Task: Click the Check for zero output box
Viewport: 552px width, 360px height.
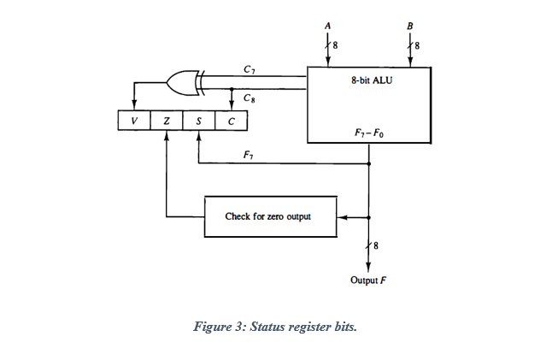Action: (x=267, y=216)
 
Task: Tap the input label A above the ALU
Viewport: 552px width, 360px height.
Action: (x=327, y=26)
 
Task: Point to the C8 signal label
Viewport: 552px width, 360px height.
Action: (x=248, y=97)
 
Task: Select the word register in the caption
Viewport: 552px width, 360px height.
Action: (x=305, y=327)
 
